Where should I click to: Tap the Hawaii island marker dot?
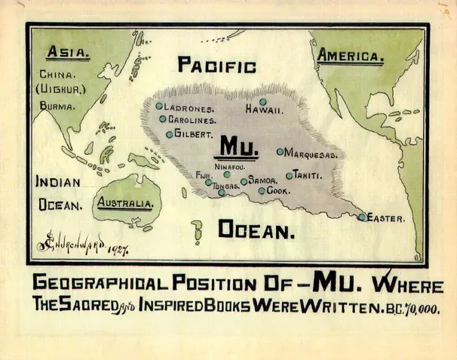[x=263, y=102]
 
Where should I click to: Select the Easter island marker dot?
[x=362, y=217]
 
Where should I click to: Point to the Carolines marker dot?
[x=162, y=118]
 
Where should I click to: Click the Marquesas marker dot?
[x=280, y=152]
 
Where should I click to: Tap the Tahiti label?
[x=308, y=175]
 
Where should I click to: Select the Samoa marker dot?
[x=244, y=182]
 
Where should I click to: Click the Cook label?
[x=278, y=191]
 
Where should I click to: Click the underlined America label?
[x=351, y=56]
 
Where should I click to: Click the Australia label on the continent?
[x=126, y=204]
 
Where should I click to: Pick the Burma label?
[x=58, y=106]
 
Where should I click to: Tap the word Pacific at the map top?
[x=217, y=66]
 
